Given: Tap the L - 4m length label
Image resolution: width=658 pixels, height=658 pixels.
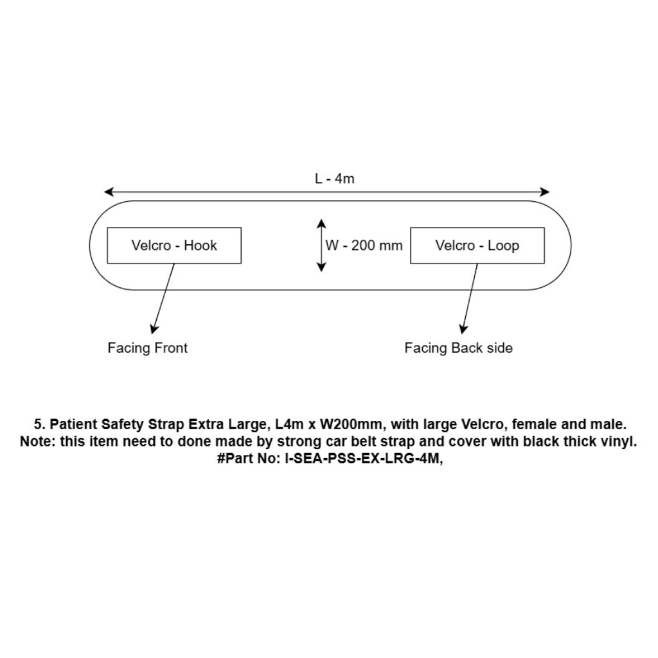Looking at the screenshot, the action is click(x=334, y=179).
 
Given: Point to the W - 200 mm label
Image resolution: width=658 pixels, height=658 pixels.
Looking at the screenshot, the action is click(x=364, y=245).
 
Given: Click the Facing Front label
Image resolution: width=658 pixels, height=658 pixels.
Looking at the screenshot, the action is click(x=147, y=348).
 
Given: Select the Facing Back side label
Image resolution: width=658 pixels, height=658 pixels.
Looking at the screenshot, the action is click(x=458, y=348).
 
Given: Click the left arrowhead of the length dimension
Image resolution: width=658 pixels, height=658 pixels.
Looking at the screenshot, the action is click(x=109, y=192).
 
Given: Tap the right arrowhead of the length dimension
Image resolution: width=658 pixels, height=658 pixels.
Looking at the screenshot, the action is click(x=545, y=192).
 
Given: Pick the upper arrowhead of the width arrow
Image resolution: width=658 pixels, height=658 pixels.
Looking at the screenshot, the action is click(x=321, y=223).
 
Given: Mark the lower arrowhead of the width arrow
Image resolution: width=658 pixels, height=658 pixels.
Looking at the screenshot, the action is click(x=321, y=267).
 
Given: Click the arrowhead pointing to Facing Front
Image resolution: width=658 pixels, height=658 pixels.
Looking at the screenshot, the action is click(x=154, y=330).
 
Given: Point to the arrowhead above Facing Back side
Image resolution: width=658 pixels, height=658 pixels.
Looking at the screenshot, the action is click(x=463, y=330).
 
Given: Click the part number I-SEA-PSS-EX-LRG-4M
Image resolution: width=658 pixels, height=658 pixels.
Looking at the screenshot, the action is click(x=363, y=459).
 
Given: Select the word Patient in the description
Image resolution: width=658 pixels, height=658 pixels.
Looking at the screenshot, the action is click(x=73, y=424).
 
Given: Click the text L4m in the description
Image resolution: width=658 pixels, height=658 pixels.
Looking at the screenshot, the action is click(x=289, y=424).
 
